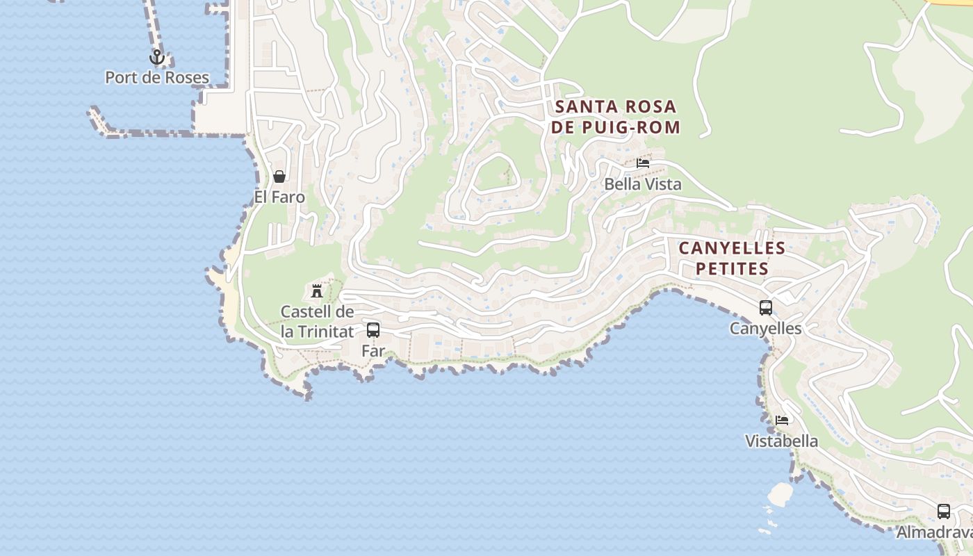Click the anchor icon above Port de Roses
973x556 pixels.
point(156,57)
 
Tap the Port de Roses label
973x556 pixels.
point(156,77)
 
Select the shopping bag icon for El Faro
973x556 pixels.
point(279,177)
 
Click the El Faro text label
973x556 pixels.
point(279,197)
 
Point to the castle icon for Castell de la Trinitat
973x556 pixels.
point(317,291)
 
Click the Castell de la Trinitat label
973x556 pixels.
point(317,322)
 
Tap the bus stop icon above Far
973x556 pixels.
point(373,330)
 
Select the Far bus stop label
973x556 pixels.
point(373,351)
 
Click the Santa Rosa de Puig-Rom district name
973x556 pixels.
point(615,117)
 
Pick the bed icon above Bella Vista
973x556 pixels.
point(643,163)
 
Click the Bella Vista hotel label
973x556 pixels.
point(643,184)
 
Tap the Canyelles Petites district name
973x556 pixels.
point(732,258)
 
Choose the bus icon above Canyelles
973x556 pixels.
point(765,308)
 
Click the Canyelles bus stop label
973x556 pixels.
point(765,329)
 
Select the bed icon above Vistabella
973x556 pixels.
point(782,420)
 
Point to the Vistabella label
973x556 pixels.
point(782,441)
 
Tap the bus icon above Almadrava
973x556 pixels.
point(943,512)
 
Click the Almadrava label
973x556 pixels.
point(935,533)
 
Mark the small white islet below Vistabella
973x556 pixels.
point(780,493)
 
